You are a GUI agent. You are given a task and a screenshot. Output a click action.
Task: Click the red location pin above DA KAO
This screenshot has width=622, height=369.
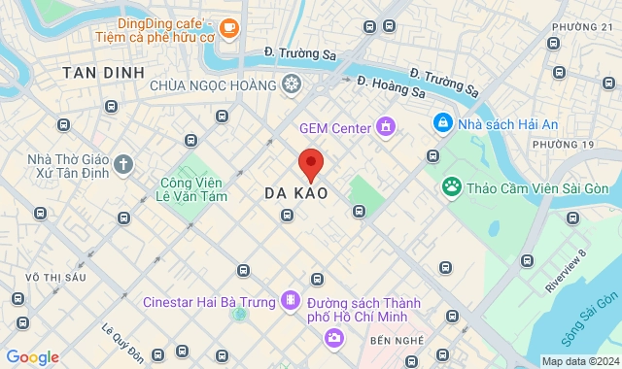pyautogui.click(x=310, y=163)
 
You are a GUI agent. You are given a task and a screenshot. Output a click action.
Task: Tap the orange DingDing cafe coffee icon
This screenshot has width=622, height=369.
pyautogui.click(x=229, y=29)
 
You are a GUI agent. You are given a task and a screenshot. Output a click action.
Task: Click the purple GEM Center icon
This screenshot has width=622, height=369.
pyautogui.click(x=387, y=127)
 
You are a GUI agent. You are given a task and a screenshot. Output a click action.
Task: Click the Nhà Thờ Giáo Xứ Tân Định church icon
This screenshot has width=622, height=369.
pyautogui.click(x=122, y=163)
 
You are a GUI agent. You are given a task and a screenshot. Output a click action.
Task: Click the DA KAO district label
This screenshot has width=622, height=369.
pyautogui.click(x=295, y=194)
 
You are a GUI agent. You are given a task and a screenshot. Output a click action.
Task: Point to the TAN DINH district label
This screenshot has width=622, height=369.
pyautogui.click(x=103, y=73)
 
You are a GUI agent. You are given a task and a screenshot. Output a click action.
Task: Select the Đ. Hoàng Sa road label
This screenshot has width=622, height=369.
pyautogui.click(x=391, y=86)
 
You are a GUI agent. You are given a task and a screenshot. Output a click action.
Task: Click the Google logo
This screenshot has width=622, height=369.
pyautogui.click(x=31, y=357)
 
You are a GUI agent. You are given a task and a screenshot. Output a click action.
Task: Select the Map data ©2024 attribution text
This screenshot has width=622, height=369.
pyautogui.click(x=579, y=361)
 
